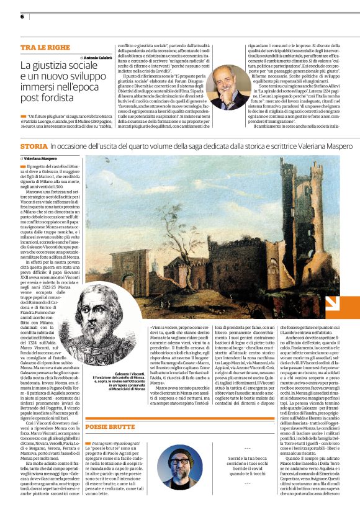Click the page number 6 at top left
22,16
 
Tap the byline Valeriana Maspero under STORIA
42,158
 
